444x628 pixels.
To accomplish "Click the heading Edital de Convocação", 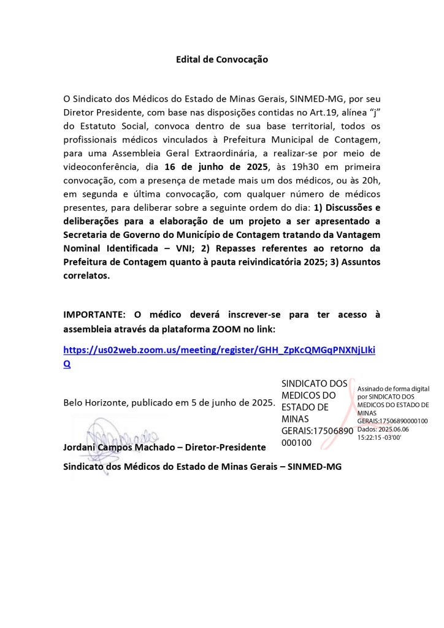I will [222, 59].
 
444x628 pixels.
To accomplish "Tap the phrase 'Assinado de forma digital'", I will [393, 389].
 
